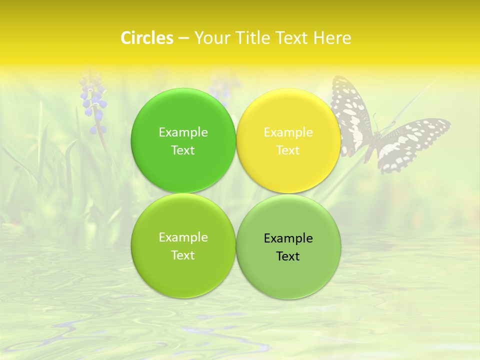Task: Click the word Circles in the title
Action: [x=146, y=38]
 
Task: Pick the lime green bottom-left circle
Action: [x=183, y=270]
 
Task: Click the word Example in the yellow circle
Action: [x=288, y=132]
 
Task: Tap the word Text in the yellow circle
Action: [x=288, y=150]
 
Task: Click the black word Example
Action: [x=288, y=238]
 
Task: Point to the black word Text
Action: [x=288, y=256]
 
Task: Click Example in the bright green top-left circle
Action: [x=183, y=132]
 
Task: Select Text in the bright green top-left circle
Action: [x=183, y=150]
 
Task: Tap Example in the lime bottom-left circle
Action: [x=183, y=237]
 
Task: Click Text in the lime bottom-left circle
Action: [x=183, y=255]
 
